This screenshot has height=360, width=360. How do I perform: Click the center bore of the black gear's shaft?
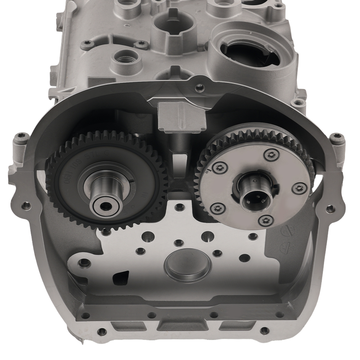click(105, 206)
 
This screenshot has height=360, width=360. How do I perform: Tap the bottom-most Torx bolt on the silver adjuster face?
click(265, 220)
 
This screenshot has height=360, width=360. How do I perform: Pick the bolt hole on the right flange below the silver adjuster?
click(329, 208)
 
